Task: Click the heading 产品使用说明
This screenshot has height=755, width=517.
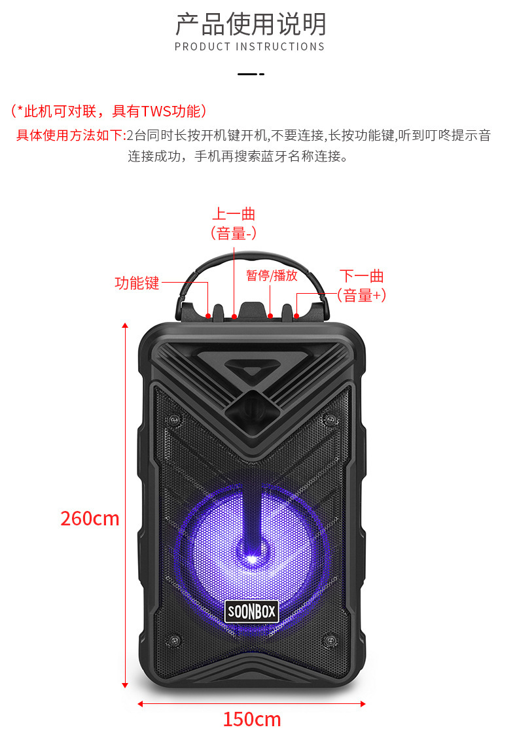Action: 250,24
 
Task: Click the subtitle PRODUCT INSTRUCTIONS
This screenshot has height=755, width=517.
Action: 250,47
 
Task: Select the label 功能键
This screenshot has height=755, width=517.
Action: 137,283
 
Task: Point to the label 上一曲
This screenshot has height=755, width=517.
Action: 233,214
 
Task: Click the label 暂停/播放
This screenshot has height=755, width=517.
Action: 272,275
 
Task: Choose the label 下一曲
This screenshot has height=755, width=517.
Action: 361,276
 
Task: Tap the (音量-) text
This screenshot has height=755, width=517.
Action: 233,233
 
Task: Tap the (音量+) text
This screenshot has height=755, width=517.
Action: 361,295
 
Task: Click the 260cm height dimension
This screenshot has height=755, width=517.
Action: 90,518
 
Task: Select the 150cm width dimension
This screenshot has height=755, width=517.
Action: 251,719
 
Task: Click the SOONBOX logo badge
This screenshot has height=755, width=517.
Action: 251,612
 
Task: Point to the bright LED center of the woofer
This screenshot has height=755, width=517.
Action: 252,558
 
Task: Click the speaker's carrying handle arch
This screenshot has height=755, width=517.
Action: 251,259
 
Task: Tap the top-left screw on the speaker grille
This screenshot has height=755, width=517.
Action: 173,419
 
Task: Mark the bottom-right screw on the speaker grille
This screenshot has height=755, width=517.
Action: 330,638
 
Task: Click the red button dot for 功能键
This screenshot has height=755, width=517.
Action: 208,316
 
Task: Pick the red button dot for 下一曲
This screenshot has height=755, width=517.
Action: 296,316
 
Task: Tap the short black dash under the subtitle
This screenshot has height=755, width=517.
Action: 251,74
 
